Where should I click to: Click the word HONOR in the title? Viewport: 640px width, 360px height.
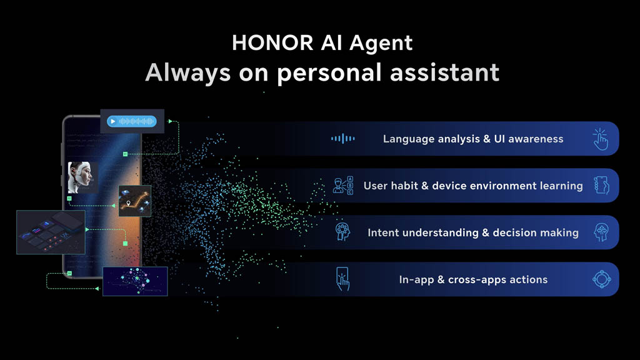click(x=272, y=42)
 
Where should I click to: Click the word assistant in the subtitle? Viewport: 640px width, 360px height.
click(x=444, y=72)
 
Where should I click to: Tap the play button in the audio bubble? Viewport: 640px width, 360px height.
click(x=113, y=121)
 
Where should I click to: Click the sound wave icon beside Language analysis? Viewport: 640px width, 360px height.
click(x=343, y=139)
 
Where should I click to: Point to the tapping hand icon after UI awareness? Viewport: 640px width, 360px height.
click(x=601, y=139)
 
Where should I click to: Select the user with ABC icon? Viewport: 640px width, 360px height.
click(x=343, y=186)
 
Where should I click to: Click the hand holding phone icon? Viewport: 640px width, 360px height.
click(x=601, y=185)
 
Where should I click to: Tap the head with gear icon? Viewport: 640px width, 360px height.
click(x=342, y=232)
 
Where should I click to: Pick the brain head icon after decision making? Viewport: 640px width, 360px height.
click(x=601, y=232)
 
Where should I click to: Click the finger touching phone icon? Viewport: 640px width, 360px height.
click(x=342, y=279)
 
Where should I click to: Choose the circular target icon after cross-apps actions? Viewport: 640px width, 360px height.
click(x=602, y=279)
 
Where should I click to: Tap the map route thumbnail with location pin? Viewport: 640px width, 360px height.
click(x=135, y=201)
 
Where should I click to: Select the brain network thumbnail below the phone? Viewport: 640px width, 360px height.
click(x=135, y=281)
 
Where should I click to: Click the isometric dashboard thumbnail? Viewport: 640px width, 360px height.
click(x=51, y=232)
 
